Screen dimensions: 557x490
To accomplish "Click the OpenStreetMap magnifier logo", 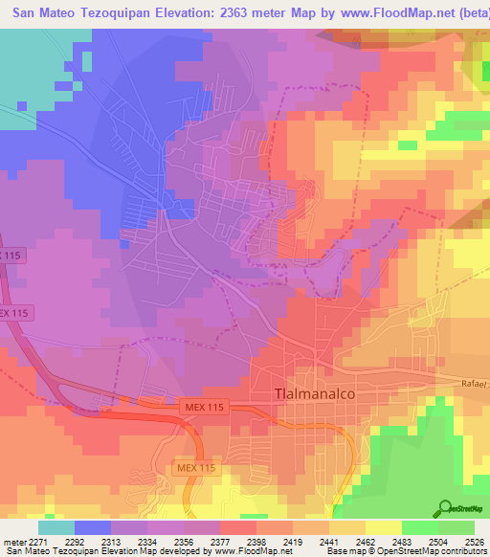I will pos(445,507).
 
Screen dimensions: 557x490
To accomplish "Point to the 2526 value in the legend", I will pos(475,541).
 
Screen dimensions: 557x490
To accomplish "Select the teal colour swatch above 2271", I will pos(56,527).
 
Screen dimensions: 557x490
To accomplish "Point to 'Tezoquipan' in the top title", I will pos(110,14).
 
